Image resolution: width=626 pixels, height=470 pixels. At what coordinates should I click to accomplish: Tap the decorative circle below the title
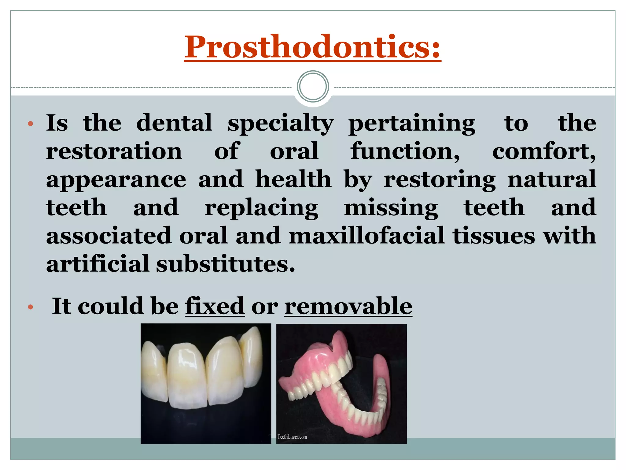point(313,87)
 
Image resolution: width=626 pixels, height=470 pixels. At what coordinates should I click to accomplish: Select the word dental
point(174,123)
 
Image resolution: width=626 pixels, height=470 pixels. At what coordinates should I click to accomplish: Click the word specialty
point(281,123)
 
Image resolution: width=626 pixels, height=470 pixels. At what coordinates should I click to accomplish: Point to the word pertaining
point(412,123)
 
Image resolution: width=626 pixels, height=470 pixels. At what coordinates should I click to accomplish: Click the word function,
point(405,151)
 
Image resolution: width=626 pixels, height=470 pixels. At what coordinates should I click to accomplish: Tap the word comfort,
point(544,151)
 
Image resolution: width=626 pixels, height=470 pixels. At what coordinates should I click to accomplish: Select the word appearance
point(116,180)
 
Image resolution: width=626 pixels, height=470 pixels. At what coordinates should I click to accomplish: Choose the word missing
point(391,208)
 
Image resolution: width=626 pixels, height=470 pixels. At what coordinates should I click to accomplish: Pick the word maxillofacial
point(366,236)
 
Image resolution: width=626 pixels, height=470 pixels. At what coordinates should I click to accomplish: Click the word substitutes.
point(226,264)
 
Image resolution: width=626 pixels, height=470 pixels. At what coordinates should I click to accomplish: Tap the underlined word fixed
point(215,306)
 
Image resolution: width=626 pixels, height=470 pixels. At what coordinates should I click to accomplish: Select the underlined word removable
point(348,306)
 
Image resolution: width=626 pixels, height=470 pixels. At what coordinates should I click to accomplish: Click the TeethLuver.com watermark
point(292,437)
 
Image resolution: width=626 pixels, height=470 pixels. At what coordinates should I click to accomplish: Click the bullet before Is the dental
point(30,124)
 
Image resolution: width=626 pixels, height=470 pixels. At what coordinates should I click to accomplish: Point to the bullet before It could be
point(30,307)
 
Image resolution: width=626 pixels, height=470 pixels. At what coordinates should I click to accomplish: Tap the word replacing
point(261,208)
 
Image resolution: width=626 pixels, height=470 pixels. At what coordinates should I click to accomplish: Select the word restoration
point(114,151)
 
